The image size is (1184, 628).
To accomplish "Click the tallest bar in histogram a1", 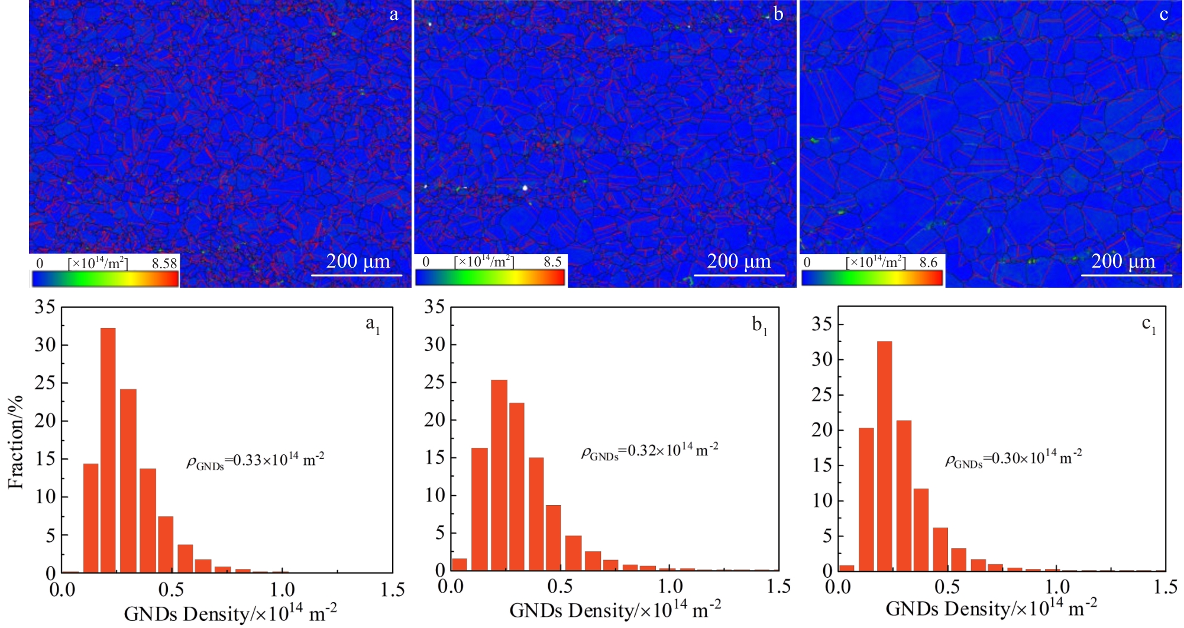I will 108,450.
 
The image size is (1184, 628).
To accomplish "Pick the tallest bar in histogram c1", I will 884,455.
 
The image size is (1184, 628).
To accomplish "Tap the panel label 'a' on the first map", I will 394,14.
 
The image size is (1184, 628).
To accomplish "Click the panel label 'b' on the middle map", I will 778,14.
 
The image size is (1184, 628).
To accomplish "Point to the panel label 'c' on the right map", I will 1163,14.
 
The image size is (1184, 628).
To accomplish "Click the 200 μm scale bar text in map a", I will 358,261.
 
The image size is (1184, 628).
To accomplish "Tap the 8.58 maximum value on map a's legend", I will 164,263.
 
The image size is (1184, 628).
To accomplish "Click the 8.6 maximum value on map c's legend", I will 929,262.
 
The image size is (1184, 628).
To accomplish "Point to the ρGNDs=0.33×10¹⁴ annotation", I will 255,461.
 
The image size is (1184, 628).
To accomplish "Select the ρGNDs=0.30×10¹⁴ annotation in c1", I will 1014,458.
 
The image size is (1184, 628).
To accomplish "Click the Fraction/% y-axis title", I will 16,442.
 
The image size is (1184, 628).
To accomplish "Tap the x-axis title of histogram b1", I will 615,609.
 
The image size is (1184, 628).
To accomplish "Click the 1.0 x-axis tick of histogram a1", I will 283,590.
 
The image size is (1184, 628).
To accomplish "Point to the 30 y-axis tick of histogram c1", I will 822,359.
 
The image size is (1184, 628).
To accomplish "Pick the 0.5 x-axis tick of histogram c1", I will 947,587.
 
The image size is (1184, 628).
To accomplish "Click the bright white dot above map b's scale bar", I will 525,188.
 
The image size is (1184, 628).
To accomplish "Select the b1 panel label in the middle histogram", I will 759,326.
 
